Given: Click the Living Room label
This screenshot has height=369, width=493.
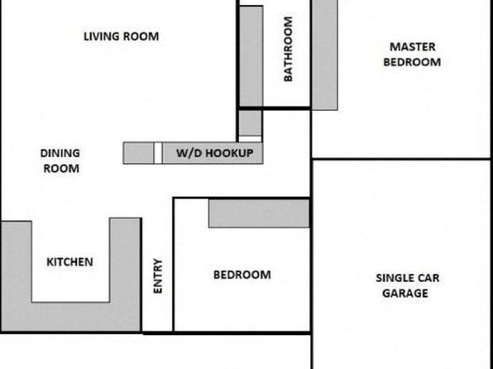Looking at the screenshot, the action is point(121,36).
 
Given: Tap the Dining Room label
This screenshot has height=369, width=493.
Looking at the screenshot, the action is point(60,161).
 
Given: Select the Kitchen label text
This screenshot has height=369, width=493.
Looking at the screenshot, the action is point(69,262).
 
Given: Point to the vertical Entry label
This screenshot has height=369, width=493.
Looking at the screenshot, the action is point(157,276).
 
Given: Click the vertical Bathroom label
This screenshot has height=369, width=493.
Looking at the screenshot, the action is point(288,49).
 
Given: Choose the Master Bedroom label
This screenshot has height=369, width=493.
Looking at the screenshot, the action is point(412,55).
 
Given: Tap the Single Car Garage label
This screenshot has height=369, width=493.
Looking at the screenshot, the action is point(408,285).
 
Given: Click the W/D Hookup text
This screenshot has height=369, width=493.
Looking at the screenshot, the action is point(215,153).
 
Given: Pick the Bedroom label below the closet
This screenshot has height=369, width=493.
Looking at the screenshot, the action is point(242,275).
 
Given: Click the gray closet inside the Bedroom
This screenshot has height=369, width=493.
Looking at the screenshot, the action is point(259,213).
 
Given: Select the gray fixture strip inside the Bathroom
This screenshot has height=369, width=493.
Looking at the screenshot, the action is point(251,56).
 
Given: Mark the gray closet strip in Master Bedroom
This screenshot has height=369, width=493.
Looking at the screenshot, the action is point(325,55).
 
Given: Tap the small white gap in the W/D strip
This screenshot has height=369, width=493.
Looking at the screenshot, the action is point(158,153).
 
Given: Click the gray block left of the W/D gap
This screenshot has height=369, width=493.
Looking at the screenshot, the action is point(138,153).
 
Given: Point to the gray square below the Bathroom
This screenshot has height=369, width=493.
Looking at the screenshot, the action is point(251,123).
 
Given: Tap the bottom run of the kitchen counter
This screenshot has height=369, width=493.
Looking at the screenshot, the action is point(71,317).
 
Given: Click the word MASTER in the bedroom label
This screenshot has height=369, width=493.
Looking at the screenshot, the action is point(413,47).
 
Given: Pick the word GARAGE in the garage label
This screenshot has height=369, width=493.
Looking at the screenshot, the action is point(405,293).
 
